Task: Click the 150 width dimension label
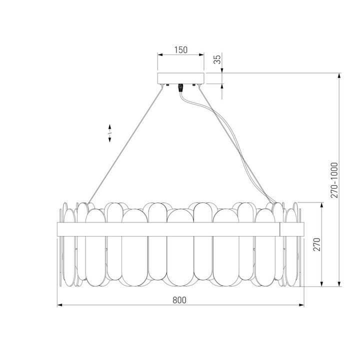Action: tap(180, 49)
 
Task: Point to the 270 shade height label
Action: tap(315, 245)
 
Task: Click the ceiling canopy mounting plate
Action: tap(180, 78)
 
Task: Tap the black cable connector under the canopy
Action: tap(180, 87)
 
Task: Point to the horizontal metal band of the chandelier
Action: tap(170, 229)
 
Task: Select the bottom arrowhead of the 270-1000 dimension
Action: tap(339, 285)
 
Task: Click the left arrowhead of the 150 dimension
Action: tap(159, 54)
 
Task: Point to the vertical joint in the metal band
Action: tap(280, 229)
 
